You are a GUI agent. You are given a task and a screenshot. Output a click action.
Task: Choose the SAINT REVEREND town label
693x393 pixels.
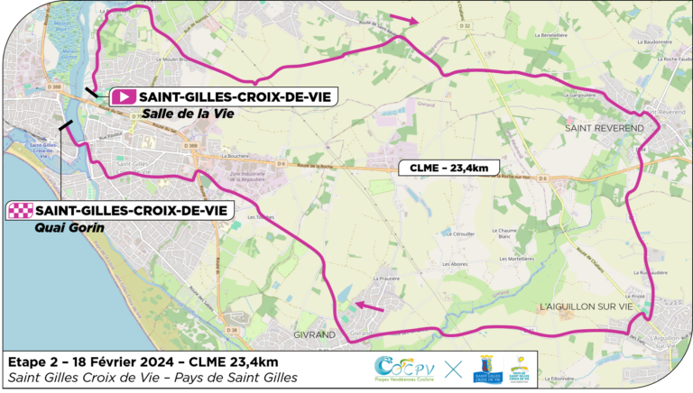605,129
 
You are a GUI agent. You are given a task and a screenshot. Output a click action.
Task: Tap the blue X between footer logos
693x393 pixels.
453,368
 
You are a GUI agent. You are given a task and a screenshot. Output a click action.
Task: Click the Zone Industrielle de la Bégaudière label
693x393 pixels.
254,177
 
